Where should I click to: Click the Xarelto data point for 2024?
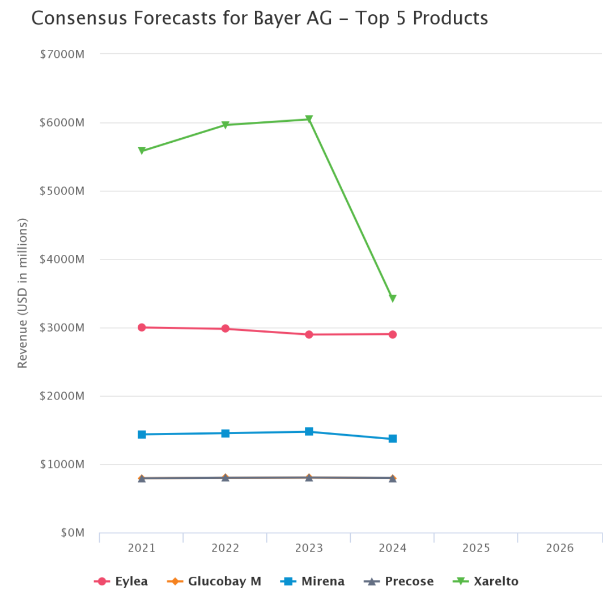point(393,299)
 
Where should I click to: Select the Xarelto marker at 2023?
point(309,119)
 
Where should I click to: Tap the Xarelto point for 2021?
point(142,151)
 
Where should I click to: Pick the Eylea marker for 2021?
point(142,328)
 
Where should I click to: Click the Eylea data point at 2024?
point(393,334)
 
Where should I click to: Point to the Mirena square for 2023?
point(309,432)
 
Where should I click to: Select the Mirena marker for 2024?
point(393,439)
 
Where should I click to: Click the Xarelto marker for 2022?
point(226,125)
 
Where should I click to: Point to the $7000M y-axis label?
point(62,54)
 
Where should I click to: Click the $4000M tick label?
point(62,260)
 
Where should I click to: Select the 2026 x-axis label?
point(560,549)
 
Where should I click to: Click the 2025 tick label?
point(476,549)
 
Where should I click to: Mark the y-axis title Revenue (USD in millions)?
point(23,294)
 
